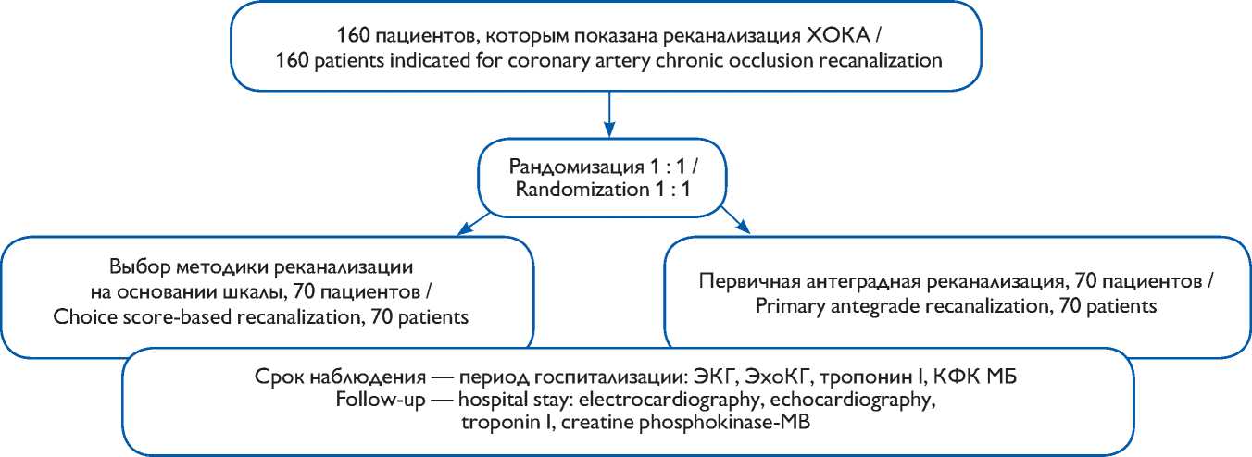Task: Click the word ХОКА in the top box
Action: coord(838,39)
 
